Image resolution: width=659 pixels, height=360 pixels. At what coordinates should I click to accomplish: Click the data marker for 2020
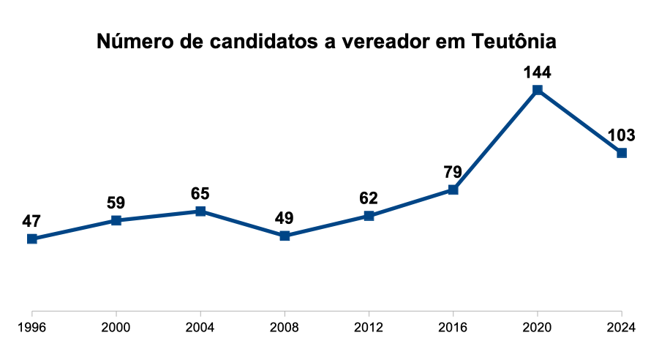point(538,90)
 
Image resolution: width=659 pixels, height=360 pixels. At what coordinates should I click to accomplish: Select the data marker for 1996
point(31,239)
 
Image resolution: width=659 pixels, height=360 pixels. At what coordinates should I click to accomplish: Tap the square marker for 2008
point(285,236)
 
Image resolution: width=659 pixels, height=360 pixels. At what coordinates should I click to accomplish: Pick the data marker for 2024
point(622,153)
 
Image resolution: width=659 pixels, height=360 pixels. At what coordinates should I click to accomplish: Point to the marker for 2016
point(453,190)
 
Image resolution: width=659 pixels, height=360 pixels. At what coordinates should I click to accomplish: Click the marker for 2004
point(200,211)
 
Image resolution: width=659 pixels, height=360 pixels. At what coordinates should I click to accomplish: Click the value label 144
point(537,72)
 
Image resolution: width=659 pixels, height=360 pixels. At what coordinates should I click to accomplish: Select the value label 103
point(622,135)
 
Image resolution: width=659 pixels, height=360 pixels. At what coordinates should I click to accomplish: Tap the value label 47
point(31,221)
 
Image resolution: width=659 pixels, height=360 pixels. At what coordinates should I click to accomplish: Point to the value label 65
point(200,194)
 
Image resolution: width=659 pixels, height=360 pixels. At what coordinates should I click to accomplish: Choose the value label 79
point(453,173)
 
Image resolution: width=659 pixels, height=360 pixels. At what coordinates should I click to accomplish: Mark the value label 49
point(285,218)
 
